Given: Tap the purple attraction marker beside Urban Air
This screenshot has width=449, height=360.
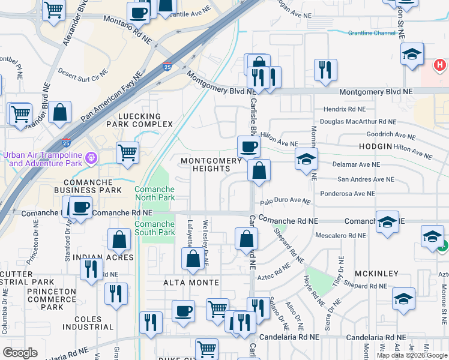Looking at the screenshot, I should [91, 158].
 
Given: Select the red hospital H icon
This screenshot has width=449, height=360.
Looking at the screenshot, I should [440, 64].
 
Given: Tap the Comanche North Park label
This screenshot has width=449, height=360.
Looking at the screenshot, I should [154, 193].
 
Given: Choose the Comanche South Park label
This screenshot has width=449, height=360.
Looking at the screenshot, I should [154, 228].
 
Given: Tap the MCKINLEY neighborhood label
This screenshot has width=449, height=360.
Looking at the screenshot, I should [376, 274].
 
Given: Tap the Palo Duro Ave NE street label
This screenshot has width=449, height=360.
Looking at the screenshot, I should [285, 202].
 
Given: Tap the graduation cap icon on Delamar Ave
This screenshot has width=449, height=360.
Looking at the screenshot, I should [306, 159].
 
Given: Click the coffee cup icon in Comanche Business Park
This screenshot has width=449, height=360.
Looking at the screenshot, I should [80, 207].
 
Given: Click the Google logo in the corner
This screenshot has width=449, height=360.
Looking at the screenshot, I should [20, 353].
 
